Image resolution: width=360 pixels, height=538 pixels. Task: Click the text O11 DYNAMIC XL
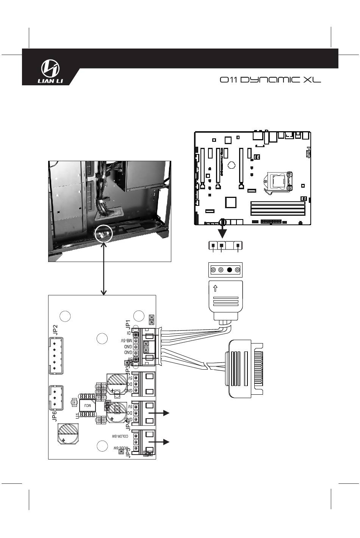pos(270,80)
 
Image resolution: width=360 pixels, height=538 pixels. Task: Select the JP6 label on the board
pos(55,416)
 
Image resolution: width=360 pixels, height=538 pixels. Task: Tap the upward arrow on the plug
pos(215,288)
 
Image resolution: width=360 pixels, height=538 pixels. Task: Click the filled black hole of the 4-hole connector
pos(229,270)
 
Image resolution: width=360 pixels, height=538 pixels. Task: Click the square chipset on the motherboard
pos(230,202)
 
